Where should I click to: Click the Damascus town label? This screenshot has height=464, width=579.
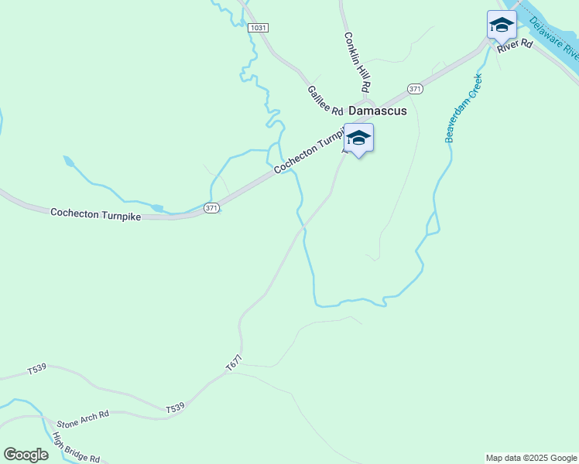[x=378, y=111]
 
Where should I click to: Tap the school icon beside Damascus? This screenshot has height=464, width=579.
[x=358, y=138]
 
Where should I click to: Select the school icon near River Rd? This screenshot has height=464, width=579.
[x=501, y=26]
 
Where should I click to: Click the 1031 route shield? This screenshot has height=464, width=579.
[x=259, y=28]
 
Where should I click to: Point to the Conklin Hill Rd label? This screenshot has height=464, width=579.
[x=358, y=62]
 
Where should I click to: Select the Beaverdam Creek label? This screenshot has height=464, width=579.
[x=464, y=107]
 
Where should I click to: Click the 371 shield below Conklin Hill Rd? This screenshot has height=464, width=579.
[x=416, y=88]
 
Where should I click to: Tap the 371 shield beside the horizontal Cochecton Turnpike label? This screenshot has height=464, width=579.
[x=212, y=208]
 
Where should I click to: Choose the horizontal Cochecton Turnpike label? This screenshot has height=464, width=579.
[x=95, y=214]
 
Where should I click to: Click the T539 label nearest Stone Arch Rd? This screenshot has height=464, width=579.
[x=175, y=408]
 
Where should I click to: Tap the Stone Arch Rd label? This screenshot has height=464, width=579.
[x=83, y=419]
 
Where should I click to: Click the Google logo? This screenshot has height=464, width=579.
[x=26, y=455]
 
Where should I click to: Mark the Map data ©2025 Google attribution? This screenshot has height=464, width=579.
[x=531, y=458]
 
